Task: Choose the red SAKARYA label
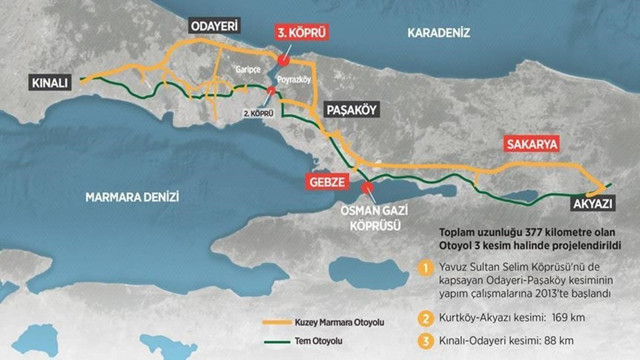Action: point(531,143)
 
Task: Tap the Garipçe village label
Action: point(247,72)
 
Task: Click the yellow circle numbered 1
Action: point(425,267)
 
